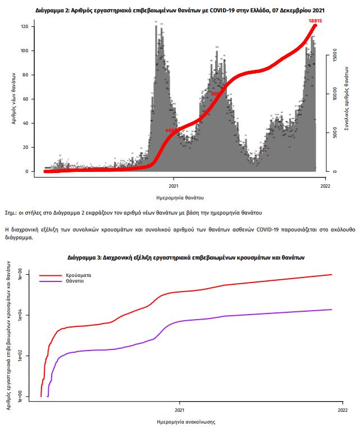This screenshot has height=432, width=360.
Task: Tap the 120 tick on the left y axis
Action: (25, 26)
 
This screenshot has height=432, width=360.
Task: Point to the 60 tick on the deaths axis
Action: (26, 99)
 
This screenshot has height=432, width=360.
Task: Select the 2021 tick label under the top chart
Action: (174, 186)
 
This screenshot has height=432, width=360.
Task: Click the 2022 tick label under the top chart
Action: (324, 186)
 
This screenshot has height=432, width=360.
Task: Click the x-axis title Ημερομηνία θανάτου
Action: (180, 198)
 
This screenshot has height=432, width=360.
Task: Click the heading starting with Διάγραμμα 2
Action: (180, 10)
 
